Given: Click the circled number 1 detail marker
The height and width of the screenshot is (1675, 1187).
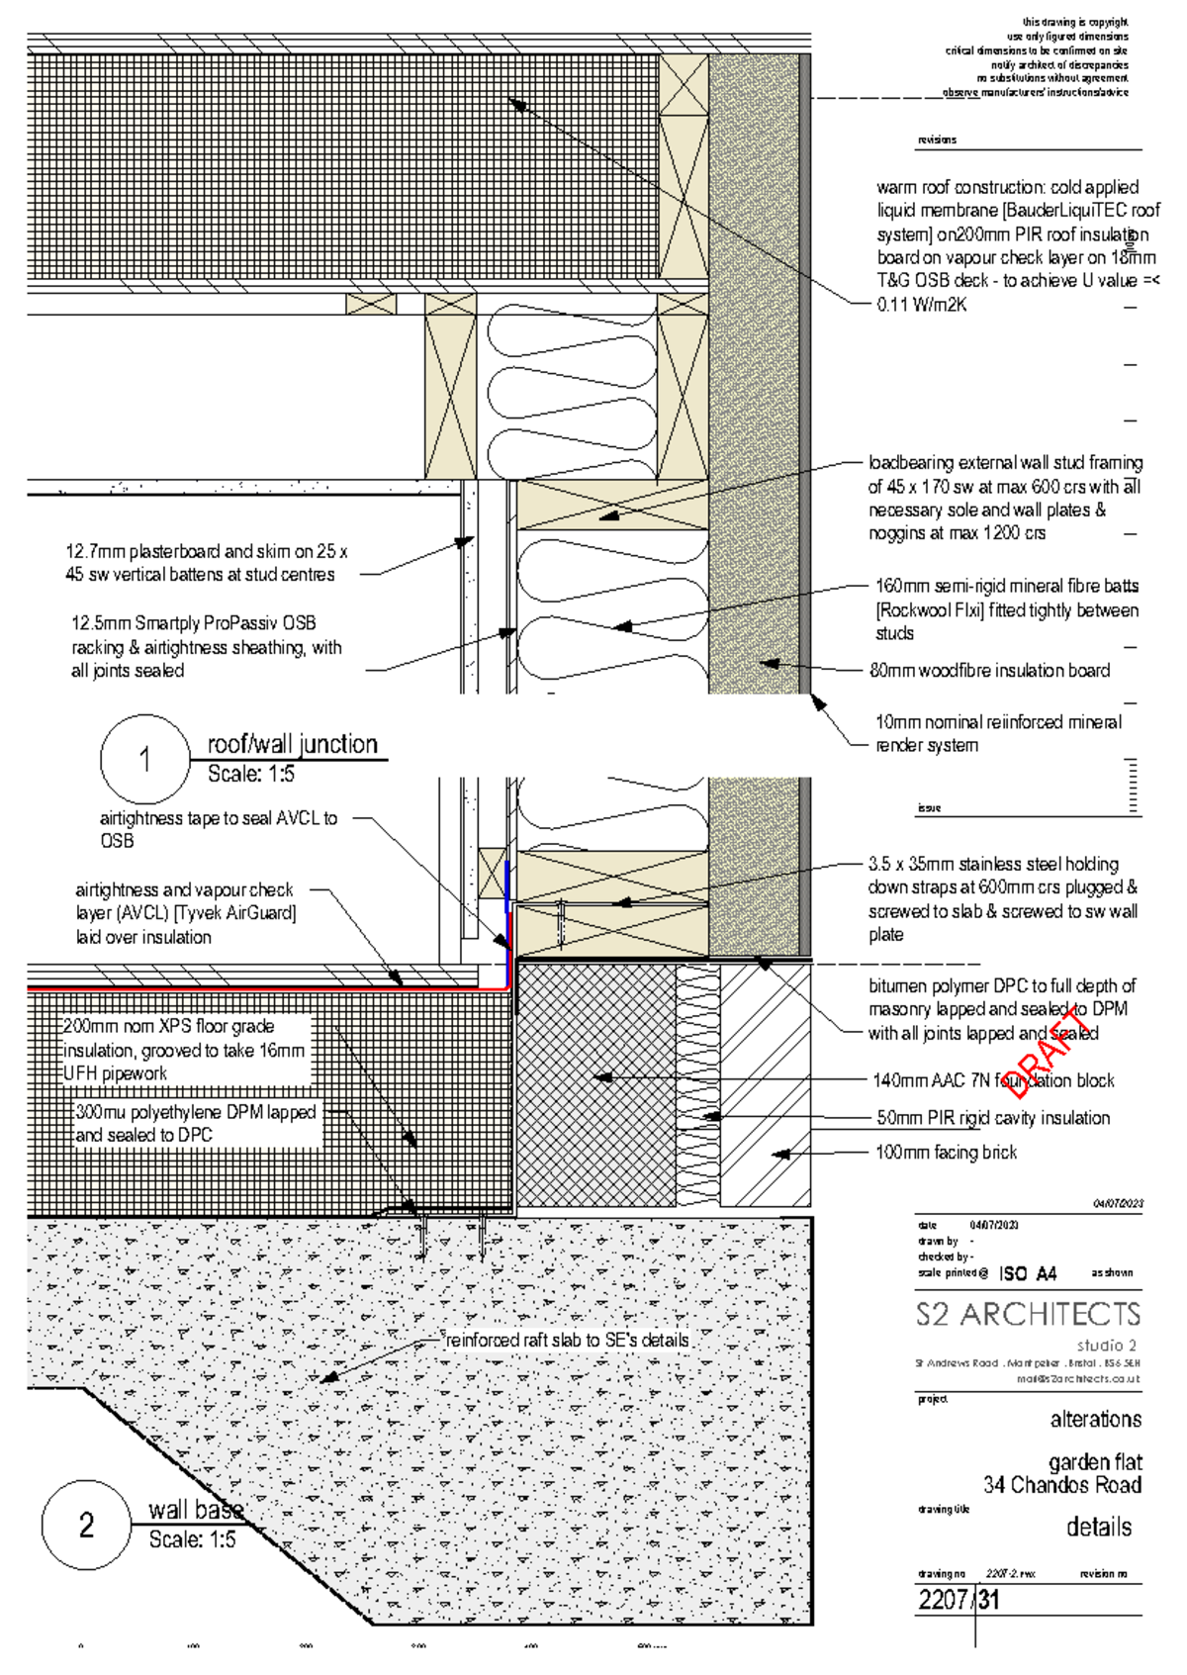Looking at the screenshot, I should [x=144, y=760].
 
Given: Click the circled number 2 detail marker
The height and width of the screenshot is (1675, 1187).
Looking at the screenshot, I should [x=86, y=1525].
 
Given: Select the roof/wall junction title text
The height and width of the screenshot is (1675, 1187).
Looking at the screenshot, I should [x=292, y=744].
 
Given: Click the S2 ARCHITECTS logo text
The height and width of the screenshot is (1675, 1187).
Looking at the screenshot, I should [x=1028, y=1314].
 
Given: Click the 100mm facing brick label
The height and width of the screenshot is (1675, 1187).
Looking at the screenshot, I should [x=946, y=1152].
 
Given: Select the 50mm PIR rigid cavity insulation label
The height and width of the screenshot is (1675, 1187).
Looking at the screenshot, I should [x=993, y=1118].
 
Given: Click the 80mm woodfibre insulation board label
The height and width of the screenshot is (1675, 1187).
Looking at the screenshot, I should [x=989, y=670].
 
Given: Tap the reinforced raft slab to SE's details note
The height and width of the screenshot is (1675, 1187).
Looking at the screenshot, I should [x=567, y=1340].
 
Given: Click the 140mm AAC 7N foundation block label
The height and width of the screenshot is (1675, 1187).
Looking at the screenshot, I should [x=992, y=1080].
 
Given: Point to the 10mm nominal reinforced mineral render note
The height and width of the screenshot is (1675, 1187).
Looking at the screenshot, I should [x=997, y=733].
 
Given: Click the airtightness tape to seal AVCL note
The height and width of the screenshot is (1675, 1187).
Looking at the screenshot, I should [x=218, y=829].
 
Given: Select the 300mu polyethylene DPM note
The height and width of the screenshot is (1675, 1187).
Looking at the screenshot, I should [x=195, y=1123].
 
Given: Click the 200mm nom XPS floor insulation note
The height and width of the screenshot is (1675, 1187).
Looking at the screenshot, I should [x=184, y=1050].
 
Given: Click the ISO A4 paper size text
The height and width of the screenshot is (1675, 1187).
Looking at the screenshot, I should [x=1027, y=1273].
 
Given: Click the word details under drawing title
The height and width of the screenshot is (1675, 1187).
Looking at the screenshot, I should [x=1098, y=1527].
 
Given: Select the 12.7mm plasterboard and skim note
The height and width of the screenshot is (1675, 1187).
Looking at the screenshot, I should [x=206, y=563].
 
